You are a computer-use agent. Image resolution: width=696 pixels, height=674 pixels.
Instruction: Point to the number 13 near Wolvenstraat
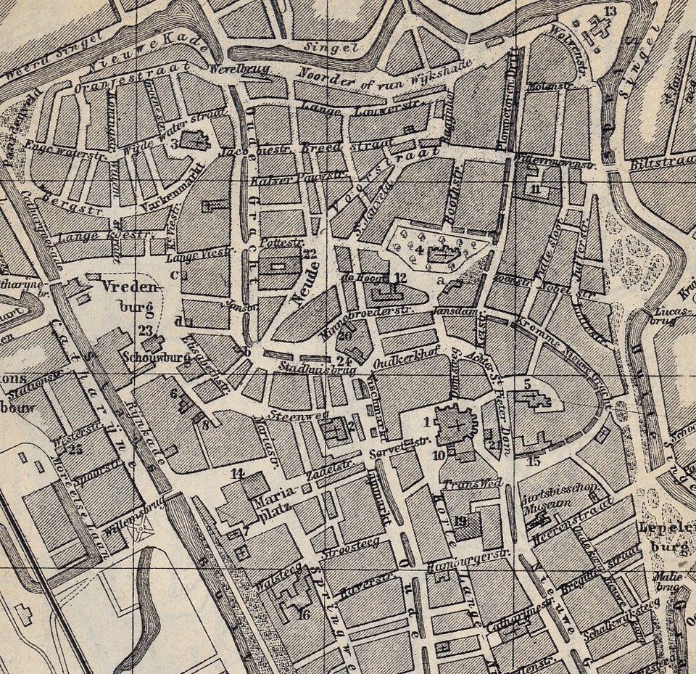point(610,11)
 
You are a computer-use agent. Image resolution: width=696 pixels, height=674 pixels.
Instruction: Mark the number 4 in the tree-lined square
point(420,250)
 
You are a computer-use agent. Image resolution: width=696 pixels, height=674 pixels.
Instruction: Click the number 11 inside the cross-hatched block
point(536,190)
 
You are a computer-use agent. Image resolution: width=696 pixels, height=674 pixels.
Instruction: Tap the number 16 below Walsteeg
point(304,615)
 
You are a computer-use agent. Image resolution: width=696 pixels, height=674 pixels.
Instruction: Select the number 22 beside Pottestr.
point(310,253)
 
